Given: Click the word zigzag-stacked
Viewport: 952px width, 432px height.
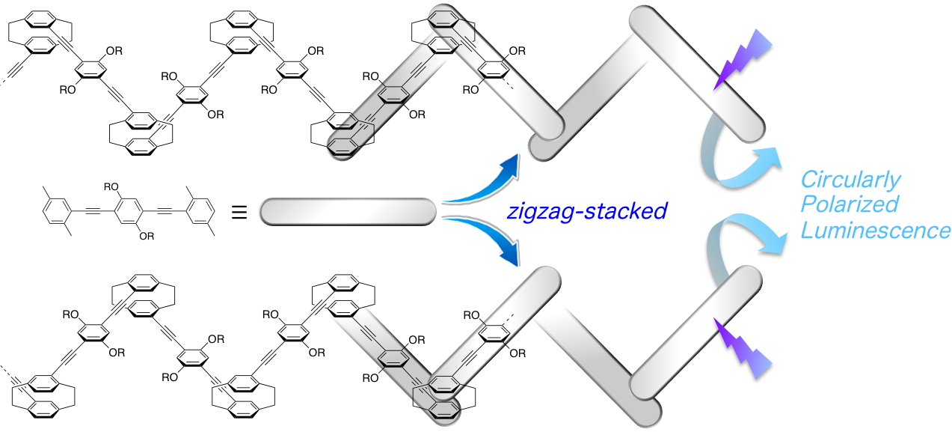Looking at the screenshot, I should (586, 212).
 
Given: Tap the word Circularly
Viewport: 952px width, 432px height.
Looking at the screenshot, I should (850, 180).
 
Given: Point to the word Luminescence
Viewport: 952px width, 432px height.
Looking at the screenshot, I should (875, 231).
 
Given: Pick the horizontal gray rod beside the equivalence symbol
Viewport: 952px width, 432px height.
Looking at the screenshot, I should (348, 212).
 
